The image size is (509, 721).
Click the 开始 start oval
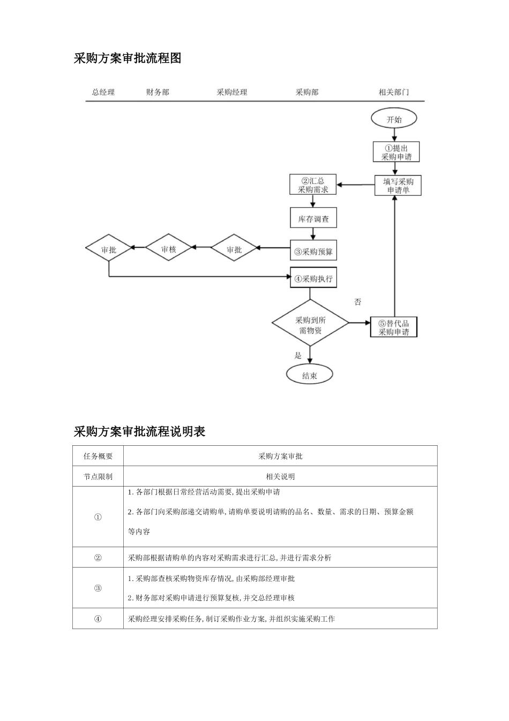(x=394, y=119)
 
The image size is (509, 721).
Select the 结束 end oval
(x=310, y=376)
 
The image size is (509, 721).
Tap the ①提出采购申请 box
(x=396, y=152)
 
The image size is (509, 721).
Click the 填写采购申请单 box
(x=398, y=186)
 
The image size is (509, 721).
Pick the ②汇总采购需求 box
(x=313, y=185)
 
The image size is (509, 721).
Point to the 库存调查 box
(x=313, y=219)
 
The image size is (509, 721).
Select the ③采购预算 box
(x=313, y=251)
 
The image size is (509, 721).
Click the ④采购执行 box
(x=313, y=278)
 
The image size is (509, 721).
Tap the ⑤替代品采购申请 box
(x=393, y=327)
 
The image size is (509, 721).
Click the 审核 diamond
(x=168, y=249)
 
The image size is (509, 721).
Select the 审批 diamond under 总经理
(x=109, y=249)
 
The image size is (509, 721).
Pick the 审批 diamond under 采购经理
(x=234, y=249)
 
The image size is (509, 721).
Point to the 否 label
(x=357, y=302)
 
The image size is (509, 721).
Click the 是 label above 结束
(x=298, y=355)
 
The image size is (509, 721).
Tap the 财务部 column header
(x=158, y=92)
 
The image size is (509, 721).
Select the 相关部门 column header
(x=394, y=92)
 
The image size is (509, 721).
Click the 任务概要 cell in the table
(x=98, y=456)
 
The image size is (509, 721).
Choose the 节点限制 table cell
(x=98, y=476)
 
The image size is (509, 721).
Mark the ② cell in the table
(x=98, y=557)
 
